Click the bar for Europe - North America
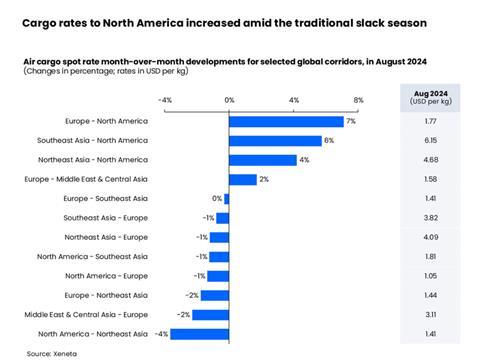[x=286, y=121]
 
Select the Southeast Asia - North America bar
[x=276, y=140]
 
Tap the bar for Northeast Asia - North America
[x=263, y=160]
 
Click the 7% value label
[x=351, y=121]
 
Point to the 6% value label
[x=329, y=140]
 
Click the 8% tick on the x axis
[x=359, y=100]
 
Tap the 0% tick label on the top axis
[x=229, y=100]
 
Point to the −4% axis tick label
[x=165, y=100]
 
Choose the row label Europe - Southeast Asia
[x=108, y=198]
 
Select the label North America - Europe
[x=107, y=275]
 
